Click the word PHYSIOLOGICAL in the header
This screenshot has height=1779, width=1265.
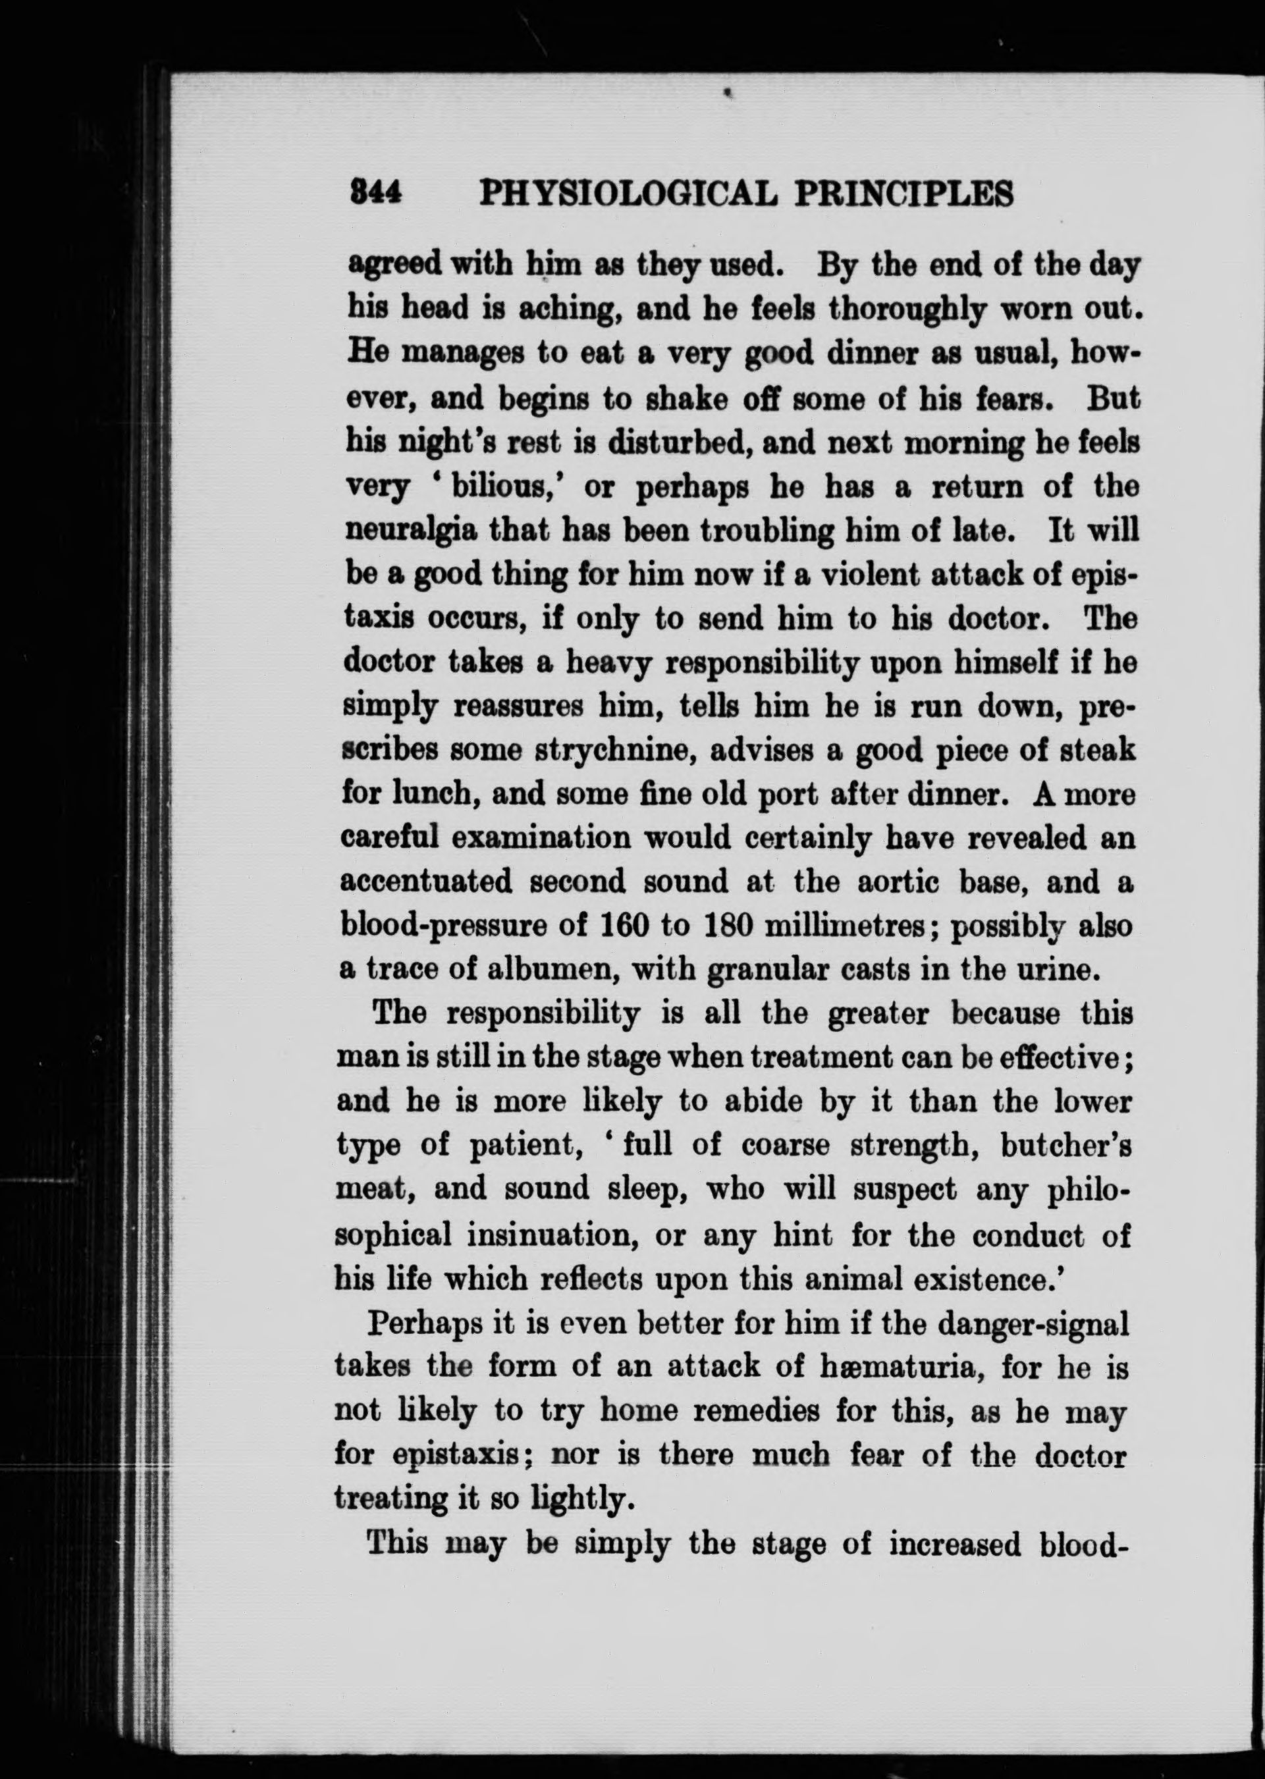(x=628, y=193)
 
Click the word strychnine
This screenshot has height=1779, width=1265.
(x=614, y=750)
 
